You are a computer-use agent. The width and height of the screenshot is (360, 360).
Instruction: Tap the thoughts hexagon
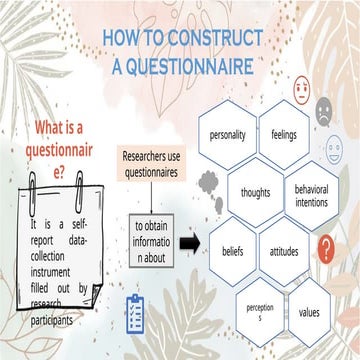click(258, 189)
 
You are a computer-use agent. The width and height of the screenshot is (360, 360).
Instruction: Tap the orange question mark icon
click(325, 246)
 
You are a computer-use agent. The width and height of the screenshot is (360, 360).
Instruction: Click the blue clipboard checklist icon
click(131, 309)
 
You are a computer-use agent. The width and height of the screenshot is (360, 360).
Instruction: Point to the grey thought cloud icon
click(208, 180)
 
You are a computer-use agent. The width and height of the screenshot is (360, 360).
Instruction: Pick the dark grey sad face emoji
click(324, 113)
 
